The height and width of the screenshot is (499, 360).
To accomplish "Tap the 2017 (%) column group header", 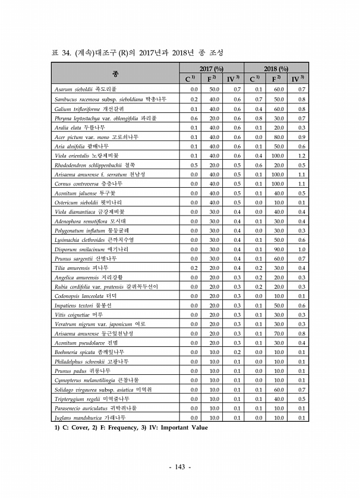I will [x=211, y=70].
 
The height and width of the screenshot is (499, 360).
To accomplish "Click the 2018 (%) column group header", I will [x=276, y=70].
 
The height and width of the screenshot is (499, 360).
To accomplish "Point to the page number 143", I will [x=179, y=468].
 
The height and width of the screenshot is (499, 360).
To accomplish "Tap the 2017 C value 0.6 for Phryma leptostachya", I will [x=194, y=118].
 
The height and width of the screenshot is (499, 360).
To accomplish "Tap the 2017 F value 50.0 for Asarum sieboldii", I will [x=214, y=89].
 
